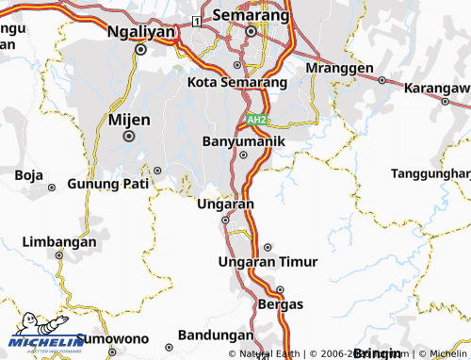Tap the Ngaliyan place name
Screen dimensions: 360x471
coord(141,30)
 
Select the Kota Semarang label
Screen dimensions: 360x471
coord(237,82)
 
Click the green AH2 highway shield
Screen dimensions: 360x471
coord(257,121)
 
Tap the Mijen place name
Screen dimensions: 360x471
coord(129,120)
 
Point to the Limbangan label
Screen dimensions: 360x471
coord(59,242)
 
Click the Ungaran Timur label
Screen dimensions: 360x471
coord(268,261)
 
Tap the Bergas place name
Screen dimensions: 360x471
coord(281,304)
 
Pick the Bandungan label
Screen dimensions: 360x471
coord(216,335)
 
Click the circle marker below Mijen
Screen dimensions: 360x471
coord(129,136)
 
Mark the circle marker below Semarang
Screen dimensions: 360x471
coord(251,31)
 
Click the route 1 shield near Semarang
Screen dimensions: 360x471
coord(195,20)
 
